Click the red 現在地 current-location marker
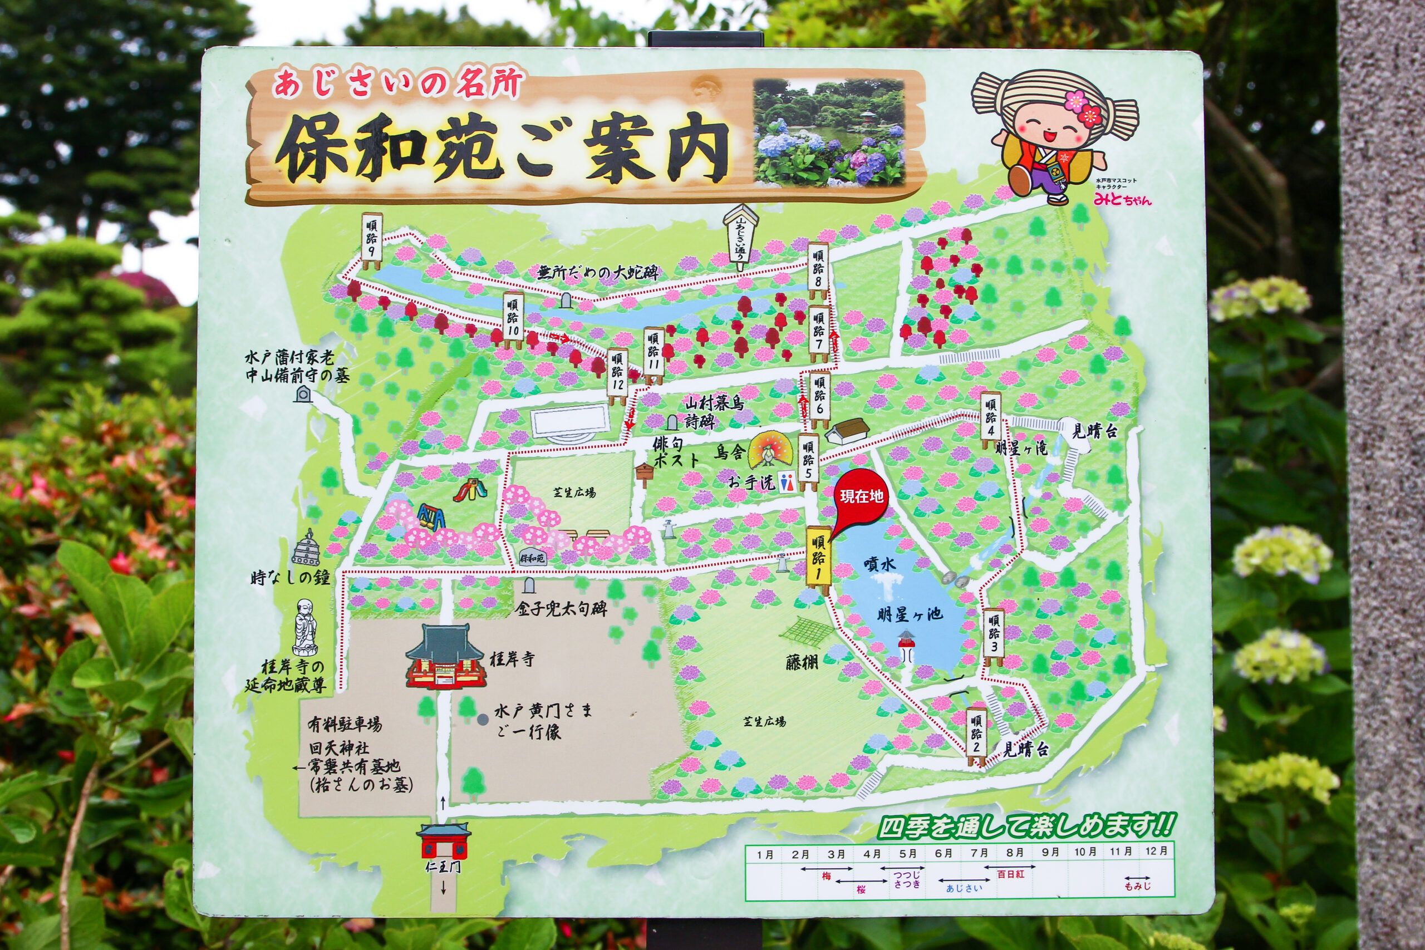pyautogui.click(x=861, y=497)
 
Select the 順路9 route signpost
pyautogui.click(x=371, y=240)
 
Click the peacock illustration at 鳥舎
pyautogui.click(x=767, y=452)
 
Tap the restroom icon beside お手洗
pyautogui.click(x=786, y=483)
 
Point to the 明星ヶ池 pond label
pyautogui.click(x=911, y=614)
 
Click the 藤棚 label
pyautogui.click(x=802, y=662)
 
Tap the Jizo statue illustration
pyautogui.click(x=306, y=630)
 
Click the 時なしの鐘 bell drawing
pyautogui.click(x=307, y=549)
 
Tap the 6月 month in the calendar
pyautogui.click(x=944, y=854)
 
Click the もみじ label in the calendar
pyautogui.click(x=1137, y=887)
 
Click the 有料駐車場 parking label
pyautogui.click(x=345, y=724)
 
